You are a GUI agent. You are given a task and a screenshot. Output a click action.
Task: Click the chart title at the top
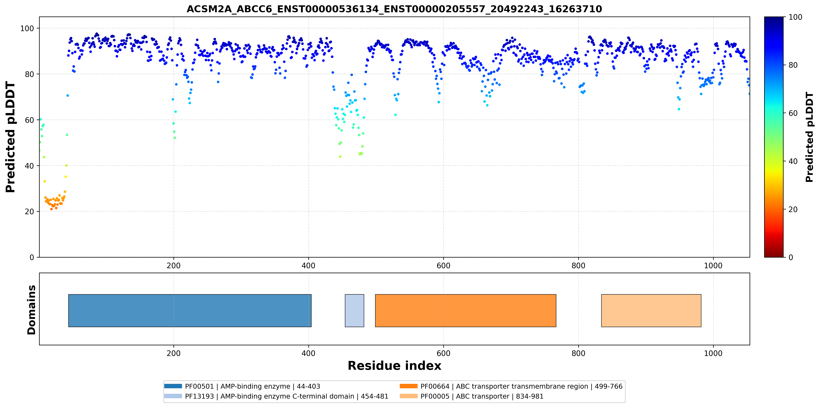point(394,9)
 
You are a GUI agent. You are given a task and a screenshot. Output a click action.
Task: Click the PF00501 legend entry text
point(252,386)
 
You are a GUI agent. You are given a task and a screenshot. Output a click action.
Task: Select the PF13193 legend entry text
point(287,396)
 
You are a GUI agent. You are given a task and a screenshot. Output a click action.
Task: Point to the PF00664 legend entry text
point(521,386)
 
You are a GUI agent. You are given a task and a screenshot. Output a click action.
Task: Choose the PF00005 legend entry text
point(482,396)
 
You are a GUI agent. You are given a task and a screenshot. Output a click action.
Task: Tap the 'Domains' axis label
point(31,310)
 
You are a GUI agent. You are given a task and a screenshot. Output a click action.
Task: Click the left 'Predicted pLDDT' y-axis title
point(10,137)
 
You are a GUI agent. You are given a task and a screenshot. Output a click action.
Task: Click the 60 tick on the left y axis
point(29,120)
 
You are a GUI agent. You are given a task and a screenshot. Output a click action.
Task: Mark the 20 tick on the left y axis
point(29,212)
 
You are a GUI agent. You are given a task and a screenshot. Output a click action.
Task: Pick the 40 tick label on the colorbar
point(793,161)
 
